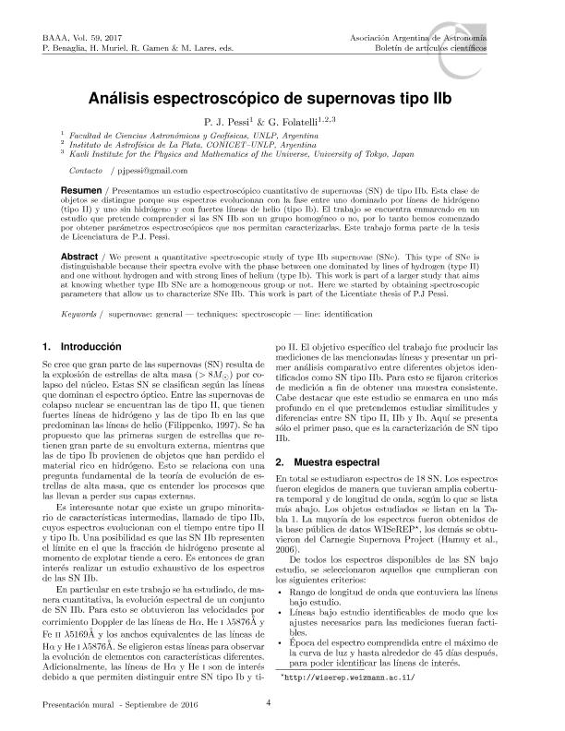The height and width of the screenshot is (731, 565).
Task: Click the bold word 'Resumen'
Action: (x=79, y=186)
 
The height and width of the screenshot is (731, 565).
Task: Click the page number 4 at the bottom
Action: (x=268, y=705)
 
